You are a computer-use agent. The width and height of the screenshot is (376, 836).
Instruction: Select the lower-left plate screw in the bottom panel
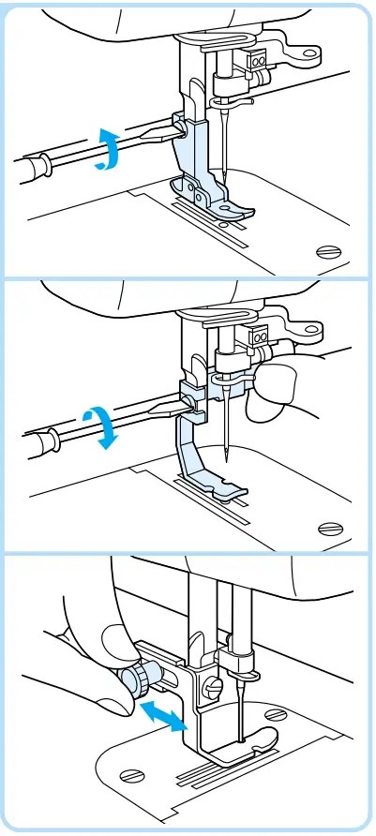(x=132, y=774)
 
